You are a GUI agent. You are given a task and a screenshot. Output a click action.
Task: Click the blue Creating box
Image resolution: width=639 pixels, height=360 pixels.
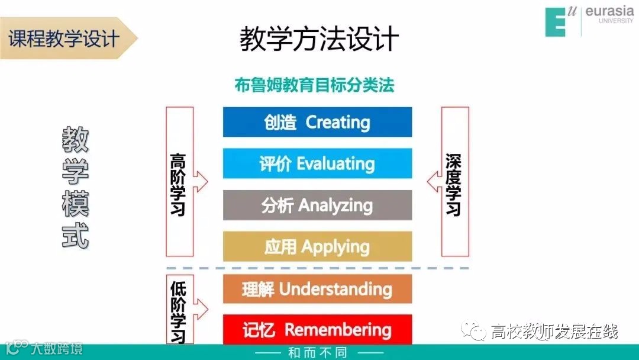pyautogui.click(x=317, y=122)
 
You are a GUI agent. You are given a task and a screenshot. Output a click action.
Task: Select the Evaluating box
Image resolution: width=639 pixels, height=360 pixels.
pyautogui.click(x=317, y=163)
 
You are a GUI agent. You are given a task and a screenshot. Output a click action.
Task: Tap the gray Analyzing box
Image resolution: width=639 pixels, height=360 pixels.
pyautogui.click(x=317, y=205)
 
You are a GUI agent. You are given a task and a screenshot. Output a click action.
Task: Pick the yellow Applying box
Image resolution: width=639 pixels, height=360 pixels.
pyautogui.click(x=317, y=246)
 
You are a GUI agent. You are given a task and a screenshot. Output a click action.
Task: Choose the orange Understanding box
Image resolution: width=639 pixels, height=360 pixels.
pyautogui.click(x=317, y=289)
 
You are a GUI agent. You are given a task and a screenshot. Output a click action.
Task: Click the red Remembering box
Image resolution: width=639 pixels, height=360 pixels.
pyautogui.click(x=317, y=329)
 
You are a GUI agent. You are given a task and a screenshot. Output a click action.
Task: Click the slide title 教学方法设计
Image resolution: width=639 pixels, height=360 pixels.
pyautogui.click(x=319, y=40)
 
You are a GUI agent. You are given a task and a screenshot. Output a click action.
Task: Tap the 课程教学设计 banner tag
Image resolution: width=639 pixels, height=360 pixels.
pyautogui.click(x=64, y=38)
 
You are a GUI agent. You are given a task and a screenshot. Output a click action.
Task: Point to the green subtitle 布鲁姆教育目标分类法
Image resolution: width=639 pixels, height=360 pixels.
pyautogui.click(x=314, y=85)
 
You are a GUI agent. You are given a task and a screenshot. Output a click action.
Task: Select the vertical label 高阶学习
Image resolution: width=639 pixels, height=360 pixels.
pyautogui.click(x=177, y=184)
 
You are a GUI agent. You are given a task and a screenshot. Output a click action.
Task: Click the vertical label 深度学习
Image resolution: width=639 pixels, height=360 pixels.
pyautogui.click(x=453, y=184)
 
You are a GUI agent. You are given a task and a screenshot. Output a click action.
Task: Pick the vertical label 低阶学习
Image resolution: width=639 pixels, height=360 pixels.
pyautogui.click(x=177, y=311)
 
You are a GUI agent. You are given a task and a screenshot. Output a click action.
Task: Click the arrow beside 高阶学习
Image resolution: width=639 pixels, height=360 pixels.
pyautogui.click(x=201, y=181)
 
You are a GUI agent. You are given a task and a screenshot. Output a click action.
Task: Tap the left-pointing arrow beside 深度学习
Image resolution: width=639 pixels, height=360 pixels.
pyautogui.click(x=433, y=181)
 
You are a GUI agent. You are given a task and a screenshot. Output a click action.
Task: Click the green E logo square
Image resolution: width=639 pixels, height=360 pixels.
pyautogui.click(x=557, y=22)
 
